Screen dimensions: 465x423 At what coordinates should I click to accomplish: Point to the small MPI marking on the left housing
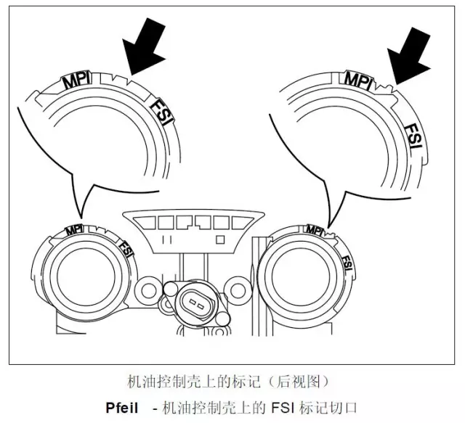pyautogui.click(x=73, y=230)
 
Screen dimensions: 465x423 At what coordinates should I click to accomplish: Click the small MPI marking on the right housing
pyautogui.click(x=315, y=229)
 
